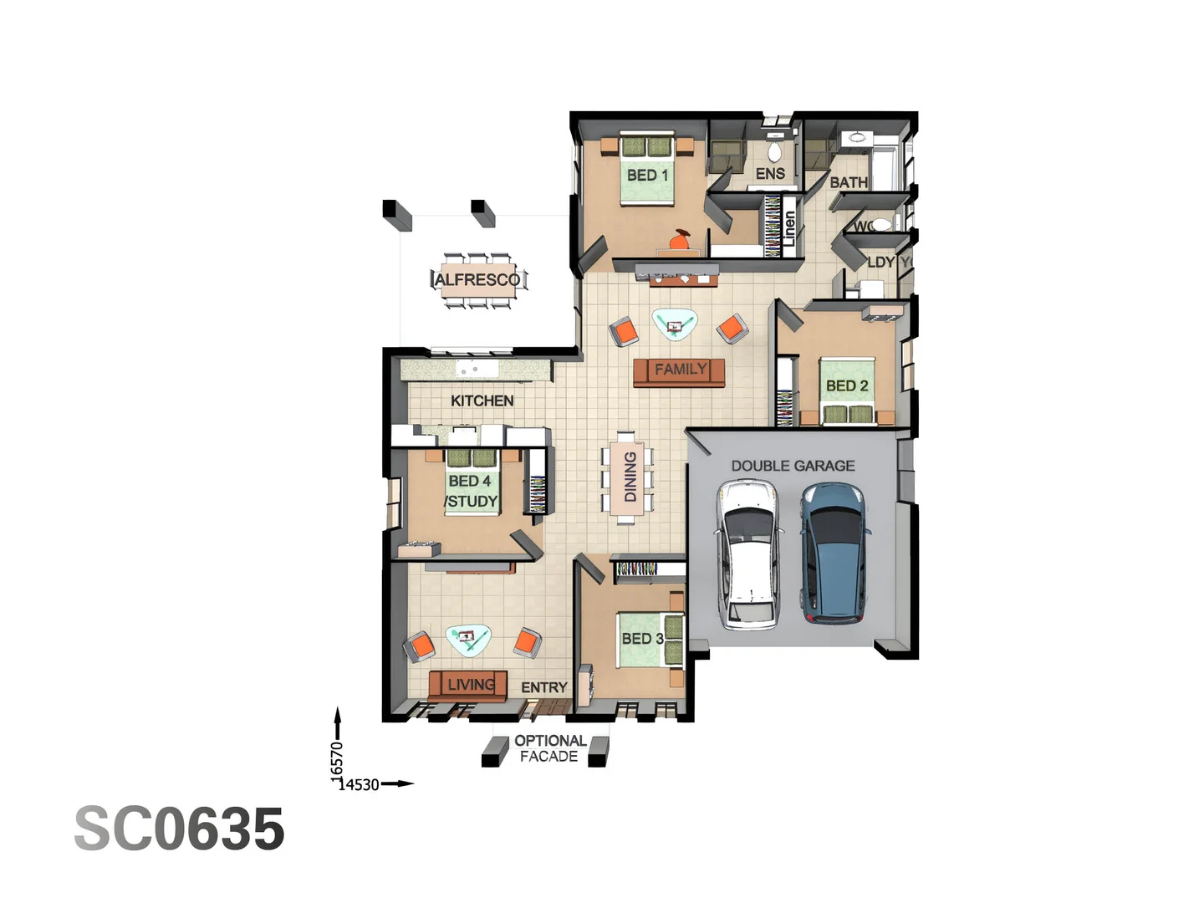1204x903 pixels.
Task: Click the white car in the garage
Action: click(749, 555)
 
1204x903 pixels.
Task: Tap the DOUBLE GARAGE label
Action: click(793, 466)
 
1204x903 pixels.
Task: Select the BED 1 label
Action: click(647, 175)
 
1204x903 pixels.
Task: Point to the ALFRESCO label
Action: click(477, 280)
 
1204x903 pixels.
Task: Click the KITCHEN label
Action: click(482, 400)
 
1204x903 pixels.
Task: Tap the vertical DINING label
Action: click(630, 477)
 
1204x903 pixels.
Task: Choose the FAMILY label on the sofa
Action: click(680, 370)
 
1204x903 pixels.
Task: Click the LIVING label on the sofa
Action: click(471, 685)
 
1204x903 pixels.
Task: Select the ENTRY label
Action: click(543, 687)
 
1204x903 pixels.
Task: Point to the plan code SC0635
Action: click(179, 829)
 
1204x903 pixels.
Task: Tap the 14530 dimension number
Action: click(359, 784)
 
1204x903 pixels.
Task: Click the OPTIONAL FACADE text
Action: click(549, 748)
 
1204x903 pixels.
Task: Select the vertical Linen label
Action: click(788, 227)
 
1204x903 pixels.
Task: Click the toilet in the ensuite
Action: click(774, 150)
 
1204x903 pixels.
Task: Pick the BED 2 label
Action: click(846, 385)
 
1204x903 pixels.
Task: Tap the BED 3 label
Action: click(642, 638)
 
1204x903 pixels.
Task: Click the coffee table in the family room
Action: click(674, 323)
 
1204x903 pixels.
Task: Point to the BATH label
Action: click(848, 182)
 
